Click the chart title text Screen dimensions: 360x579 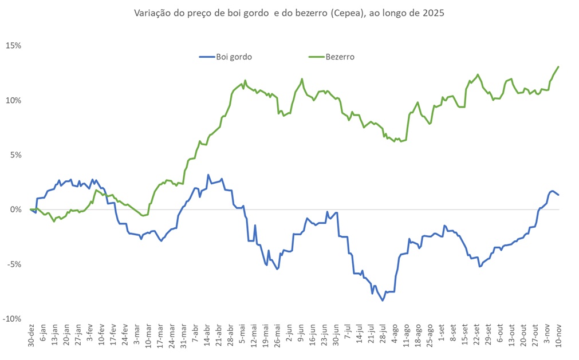pos(289,12)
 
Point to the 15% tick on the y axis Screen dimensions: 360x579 pos(13,45)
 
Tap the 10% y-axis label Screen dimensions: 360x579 pos(13,100)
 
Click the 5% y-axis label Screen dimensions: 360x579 pos(15,155)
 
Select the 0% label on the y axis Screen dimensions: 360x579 pos(15,209)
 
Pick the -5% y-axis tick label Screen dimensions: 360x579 pos(14,264)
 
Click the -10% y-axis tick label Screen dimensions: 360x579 pos(12,319)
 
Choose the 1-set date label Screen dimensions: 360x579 pos(441,334)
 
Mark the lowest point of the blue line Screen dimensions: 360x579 pos(383,300)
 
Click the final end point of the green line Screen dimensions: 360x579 pos(558,67)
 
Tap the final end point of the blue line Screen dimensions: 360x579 pos(558,195)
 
